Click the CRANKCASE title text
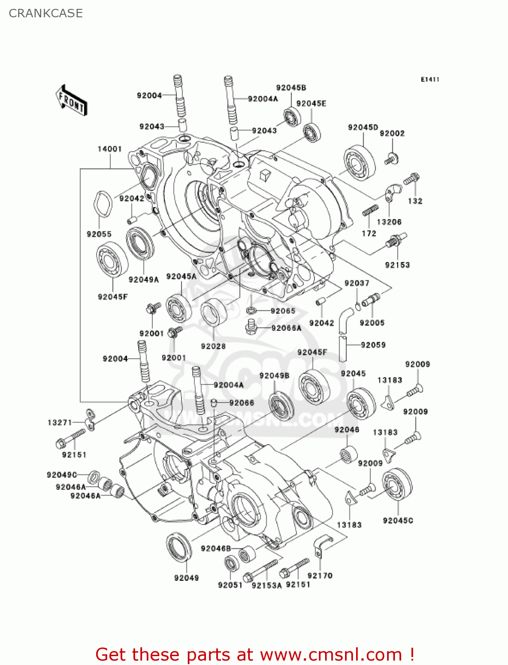(x=46, y=13)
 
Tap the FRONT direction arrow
(x=71, y=101)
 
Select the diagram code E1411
(x=430, y=79)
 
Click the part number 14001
(x=109, y=149)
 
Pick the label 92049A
(x=143, y=280)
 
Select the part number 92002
(x=392, y=133)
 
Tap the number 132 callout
(x=415, y=201)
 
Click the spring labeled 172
(x=370, y=211)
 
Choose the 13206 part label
(x=389, y=222)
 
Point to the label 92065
(x=283, y=311)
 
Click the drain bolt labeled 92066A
(x=251, y=328)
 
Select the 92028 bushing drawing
(x=214, y=312)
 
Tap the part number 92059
(x=373, y=345)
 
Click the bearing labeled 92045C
(x=397, y=485)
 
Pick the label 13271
(x=59, y=422)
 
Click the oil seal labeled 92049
(x=179, y=549)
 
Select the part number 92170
(x=320, y=575)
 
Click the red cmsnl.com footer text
(x=255, y=654)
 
